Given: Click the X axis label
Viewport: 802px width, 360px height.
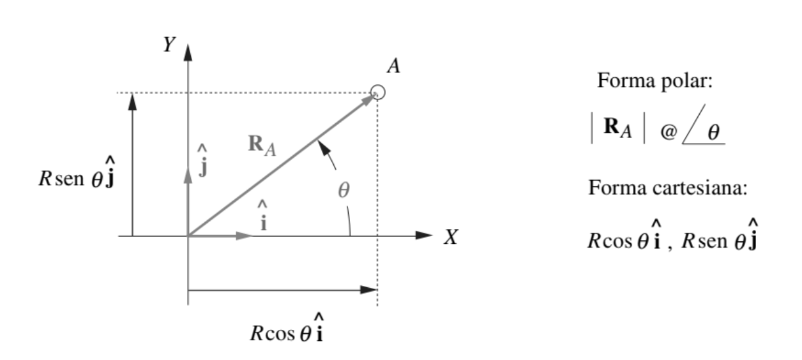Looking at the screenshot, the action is pos(451,237).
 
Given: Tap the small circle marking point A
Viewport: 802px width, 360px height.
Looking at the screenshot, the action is pos(378,93).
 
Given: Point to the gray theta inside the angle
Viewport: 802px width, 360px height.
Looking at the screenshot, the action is pos(344,191).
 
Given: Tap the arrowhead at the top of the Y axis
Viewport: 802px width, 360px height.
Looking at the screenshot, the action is pos(188,52).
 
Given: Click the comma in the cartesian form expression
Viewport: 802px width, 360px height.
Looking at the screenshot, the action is pos(670,248).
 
